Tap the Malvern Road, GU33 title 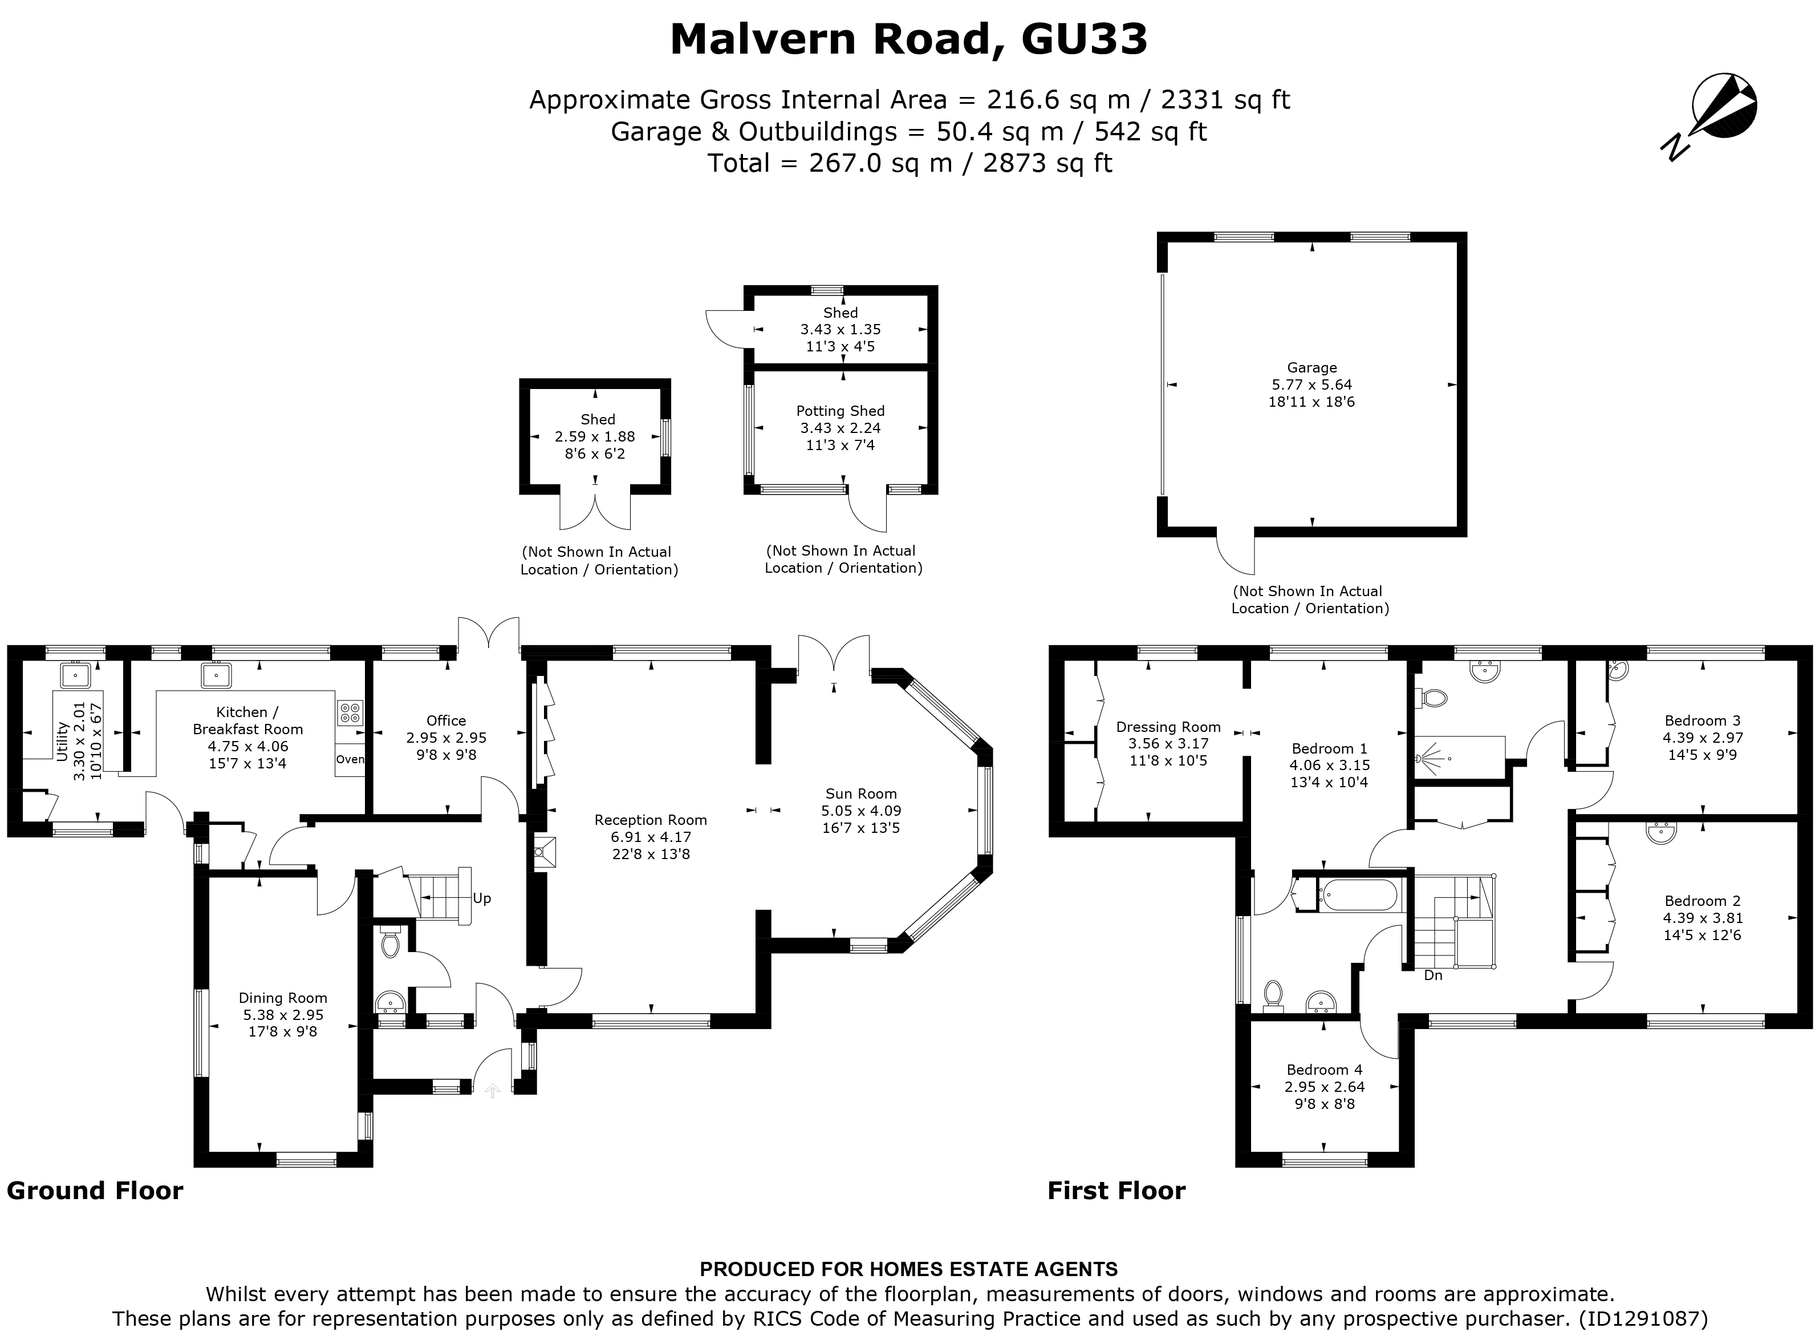(909, 39)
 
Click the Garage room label (1312, 368)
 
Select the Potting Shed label (840, 411)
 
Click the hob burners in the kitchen (350, 712)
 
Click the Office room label (446, 720)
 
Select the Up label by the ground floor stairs (482, 898)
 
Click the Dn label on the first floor (1432, 976)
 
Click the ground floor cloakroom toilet (391, 943)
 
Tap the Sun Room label (861, 794)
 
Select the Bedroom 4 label (1324, 1070)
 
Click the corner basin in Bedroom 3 (1617, 670)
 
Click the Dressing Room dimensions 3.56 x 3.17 (1168, 744)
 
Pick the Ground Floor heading (95, 1191)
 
